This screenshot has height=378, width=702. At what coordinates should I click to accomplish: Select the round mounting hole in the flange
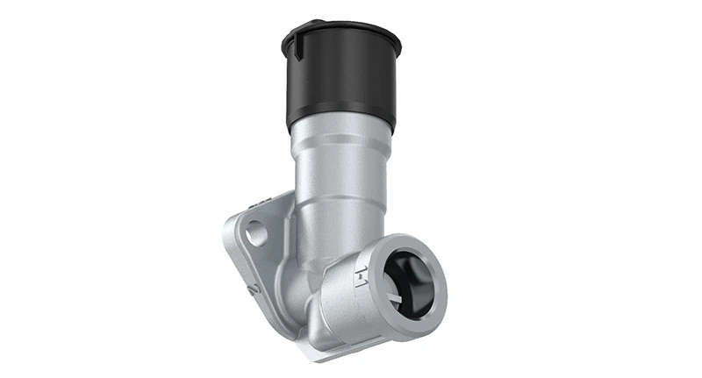[x=256, y=234]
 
